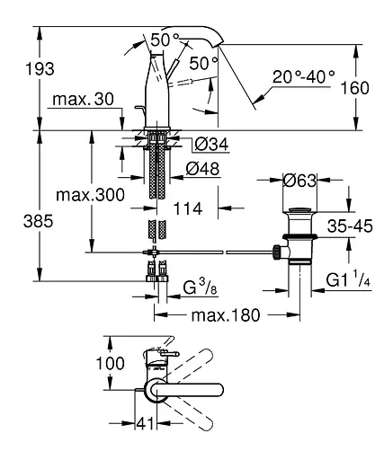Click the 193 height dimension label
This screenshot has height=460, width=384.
(40, 69)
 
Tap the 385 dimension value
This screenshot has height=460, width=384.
(39, 222)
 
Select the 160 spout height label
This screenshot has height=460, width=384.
(355, 88)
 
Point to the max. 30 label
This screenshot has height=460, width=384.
(83, 99)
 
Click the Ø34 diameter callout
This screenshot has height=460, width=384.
(211, 145)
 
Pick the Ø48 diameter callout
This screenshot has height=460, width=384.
(202, 169)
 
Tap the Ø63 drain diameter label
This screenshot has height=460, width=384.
(299, 181)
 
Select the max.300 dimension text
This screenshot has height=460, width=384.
(90, 195)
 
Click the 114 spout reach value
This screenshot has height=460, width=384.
(188, 208)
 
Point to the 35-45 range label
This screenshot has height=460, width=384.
(350, 226)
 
